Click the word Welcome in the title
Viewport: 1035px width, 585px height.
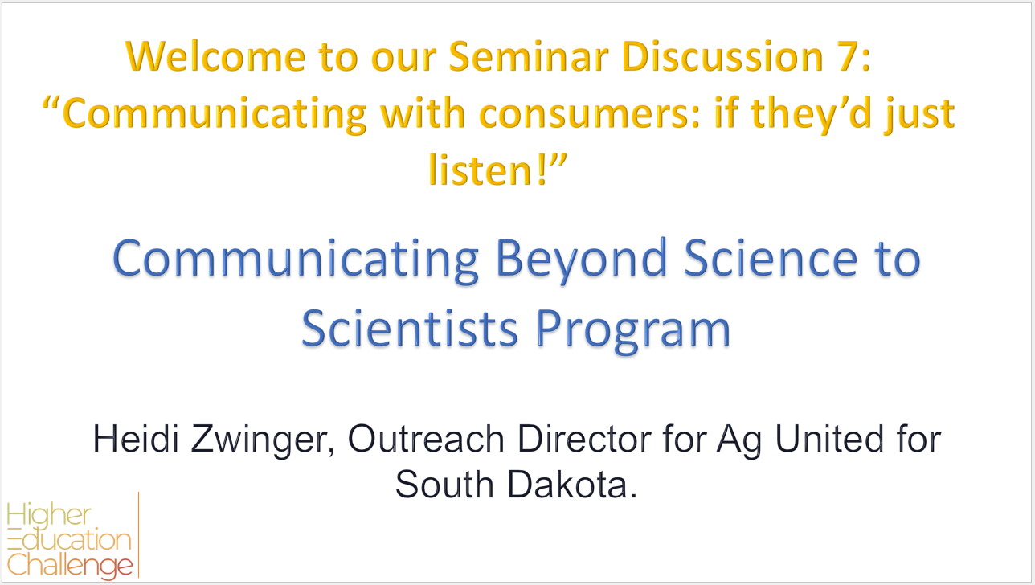pos(215,56)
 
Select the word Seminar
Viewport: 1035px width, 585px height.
pos(529,56)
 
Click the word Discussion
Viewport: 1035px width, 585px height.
pos(722,56)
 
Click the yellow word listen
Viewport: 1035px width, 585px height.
pos(481,170)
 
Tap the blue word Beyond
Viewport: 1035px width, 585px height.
pos(581,260)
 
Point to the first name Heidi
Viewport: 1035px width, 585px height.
pos(136,438)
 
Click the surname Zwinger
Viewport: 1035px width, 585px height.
pos(262,440)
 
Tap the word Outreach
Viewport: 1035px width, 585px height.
pos(426,438)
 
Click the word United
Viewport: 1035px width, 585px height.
pos(829,438)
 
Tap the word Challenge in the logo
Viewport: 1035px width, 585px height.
pos(70,566)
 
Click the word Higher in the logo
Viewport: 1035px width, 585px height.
pos(49,515)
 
